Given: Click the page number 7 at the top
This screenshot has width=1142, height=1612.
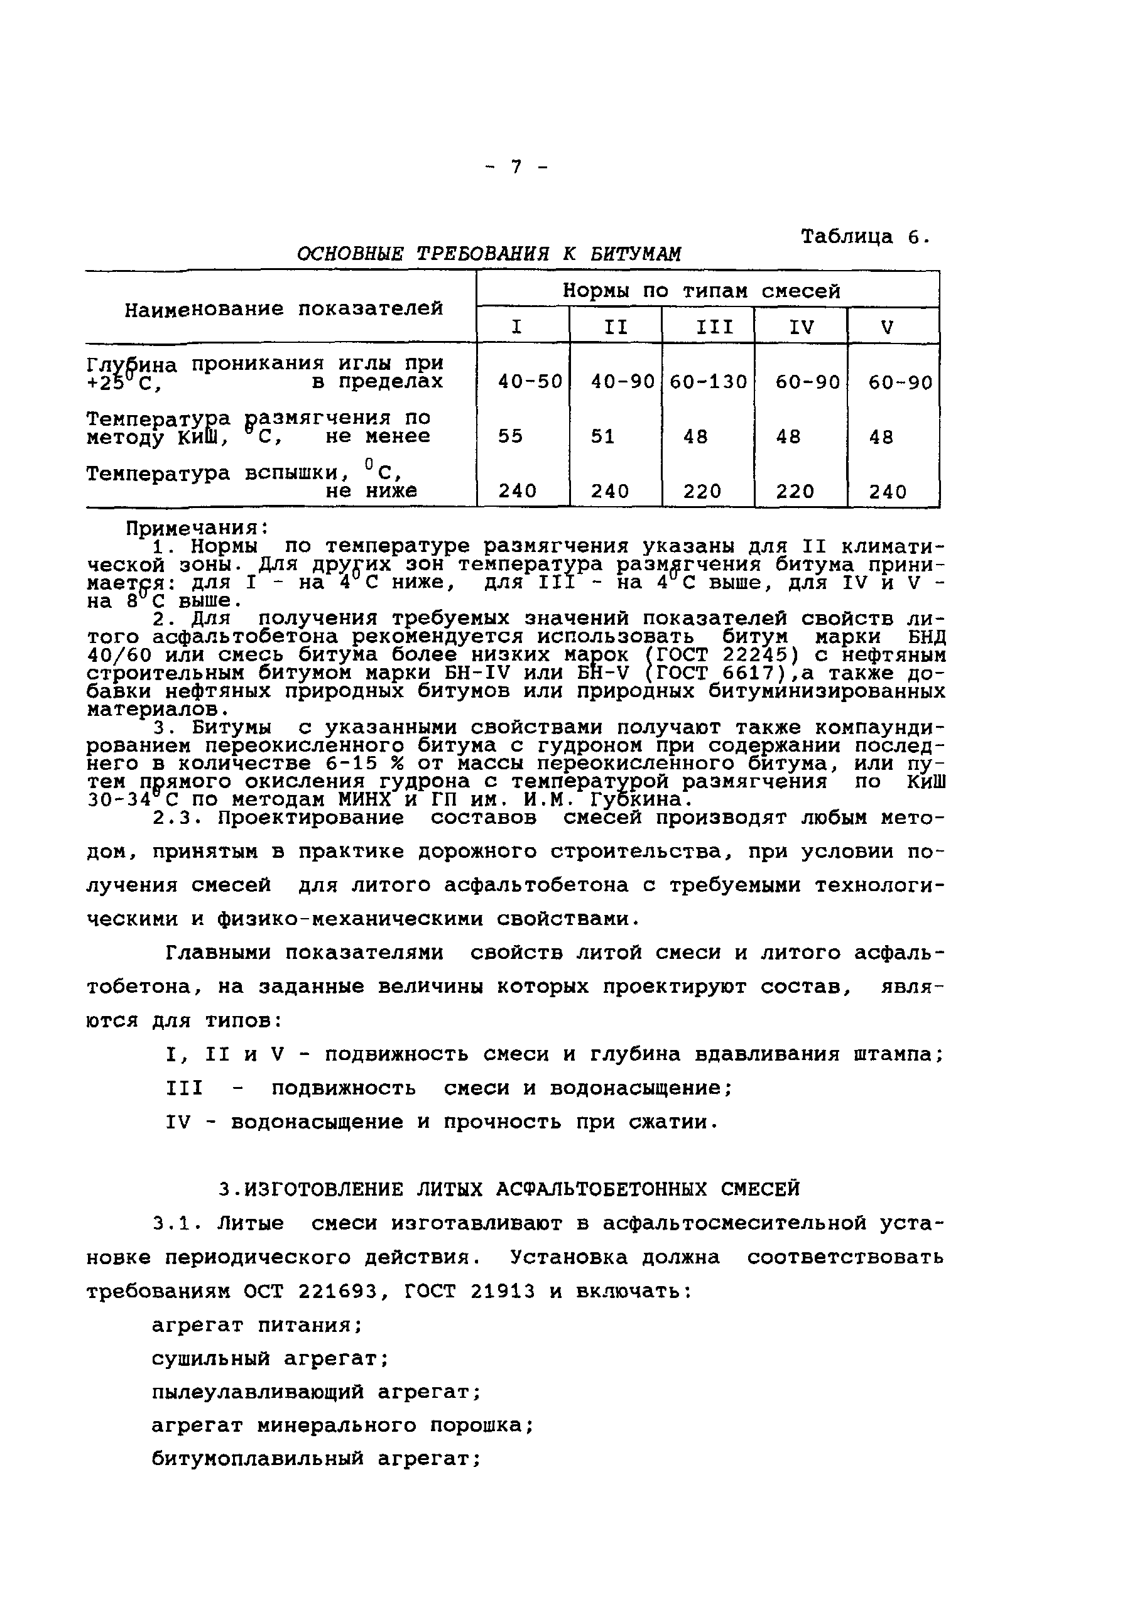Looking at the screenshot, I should pyautogui.click(x=517, y=166).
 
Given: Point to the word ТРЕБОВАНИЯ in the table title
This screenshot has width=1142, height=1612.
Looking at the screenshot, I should pyautogui.click(x=482, y=254).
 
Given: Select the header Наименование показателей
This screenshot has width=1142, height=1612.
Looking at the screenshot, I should pyautogui.click(x=283, y=308).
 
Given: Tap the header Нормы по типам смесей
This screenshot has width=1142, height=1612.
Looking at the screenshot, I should pyautogui.click(x=701, y=290).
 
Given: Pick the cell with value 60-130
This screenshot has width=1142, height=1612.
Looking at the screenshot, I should pyautogui.click(x=708, y=382).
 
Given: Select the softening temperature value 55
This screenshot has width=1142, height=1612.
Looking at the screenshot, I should pyautogui.click(x=511, y=436).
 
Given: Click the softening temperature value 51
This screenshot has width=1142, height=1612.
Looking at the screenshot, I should pyautogui.click(x=602, y=436).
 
